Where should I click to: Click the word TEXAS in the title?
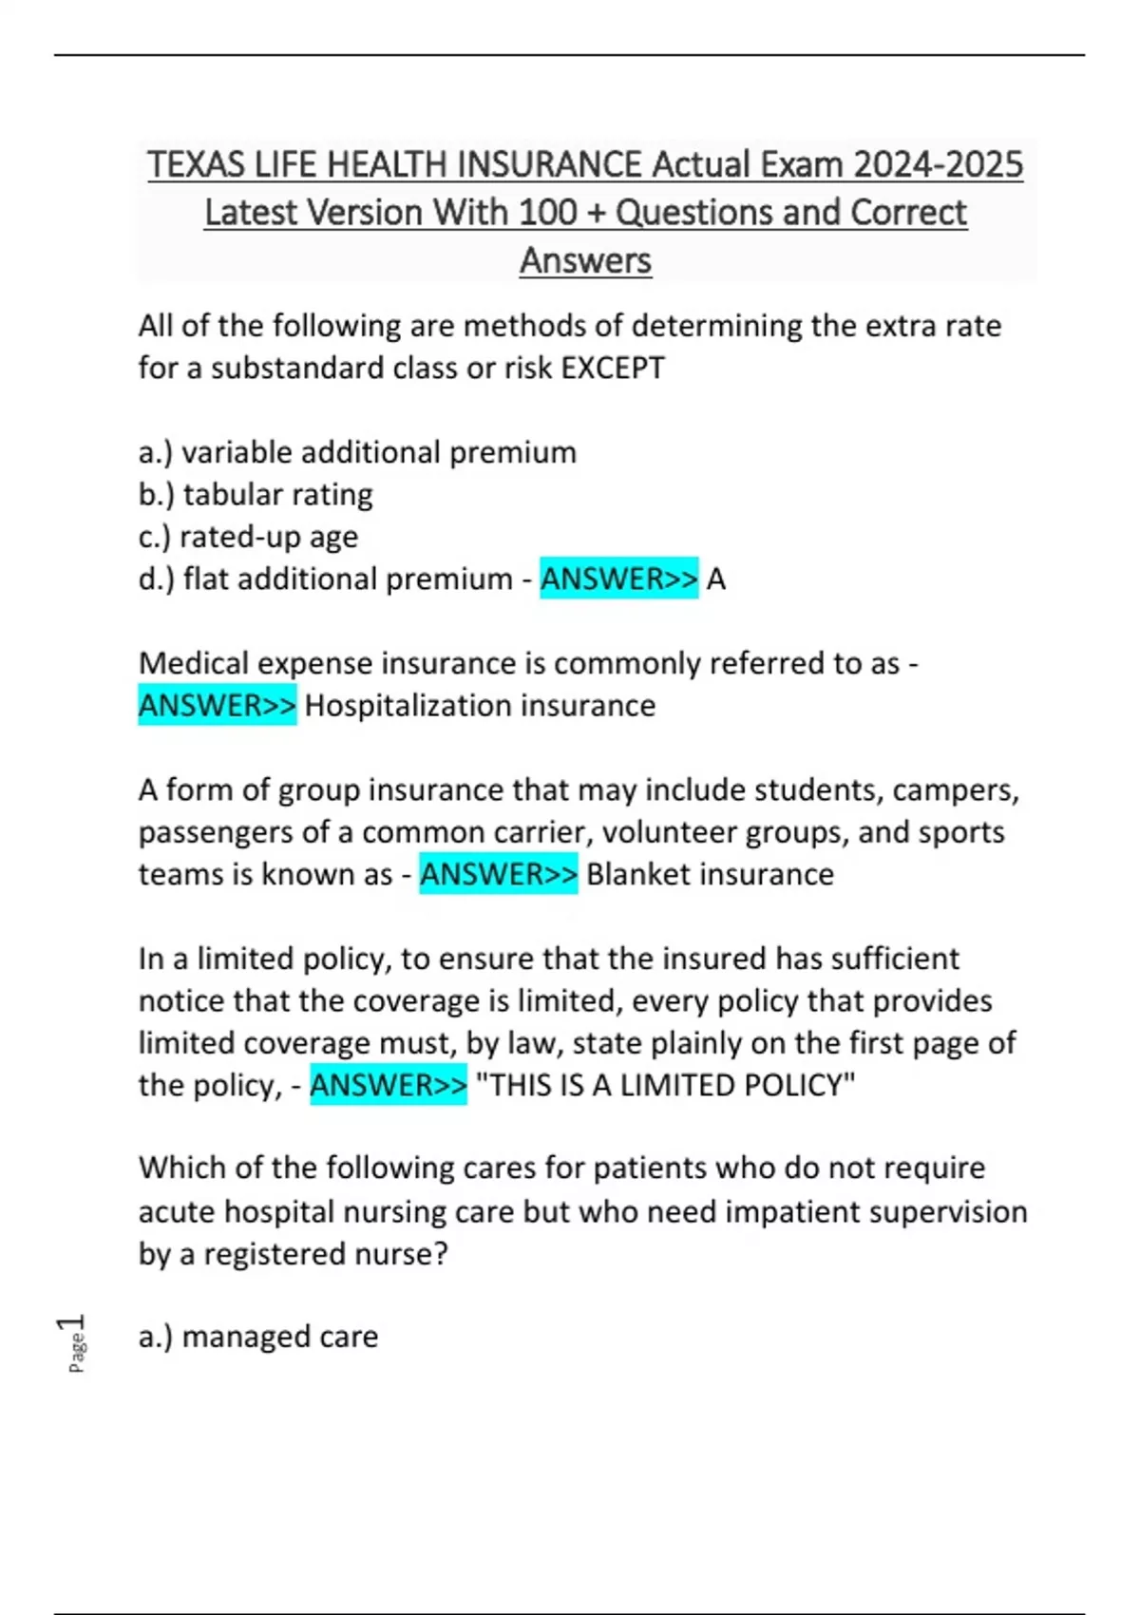point(196,165)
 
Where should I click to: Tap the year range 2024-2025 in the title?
point(938,165)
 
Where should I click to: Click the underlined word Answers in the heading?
point(585,260)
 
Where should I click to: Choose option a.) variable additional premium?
point(357,452)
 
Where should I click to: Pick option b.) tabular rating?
point(256,494)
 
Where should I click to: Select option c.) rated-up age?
point(248,537)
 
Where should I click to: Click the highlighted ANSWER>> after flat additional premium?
point(618,579)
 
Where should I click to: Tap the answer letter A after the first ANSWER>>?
point(716,579)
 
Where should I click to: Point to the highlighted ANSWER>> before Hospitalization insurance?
point(218,706)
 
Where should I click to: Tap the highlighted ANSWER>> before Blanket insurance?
point(498,874)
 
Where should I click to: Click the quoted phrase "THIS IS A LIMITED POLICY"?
point(665,1085)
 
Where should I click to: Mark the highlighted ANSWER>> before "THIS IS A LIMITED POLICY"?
point(389,1085)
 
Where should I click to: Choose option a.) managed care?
point(258,1337)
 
